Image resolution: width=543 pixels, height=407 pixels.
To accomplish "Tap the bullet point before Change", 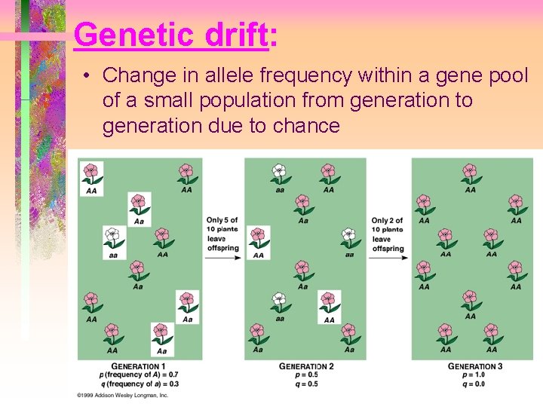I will [x=89, y=76].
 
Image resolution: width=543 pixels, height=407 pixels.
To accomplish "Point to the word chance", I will [x=306, y=125].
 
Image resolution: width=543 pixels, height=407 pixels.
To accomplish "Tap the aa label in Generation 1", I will [x=113, y=255].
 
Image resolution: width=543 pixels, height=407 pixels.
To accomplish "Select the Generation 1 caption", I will [x=138, y=366].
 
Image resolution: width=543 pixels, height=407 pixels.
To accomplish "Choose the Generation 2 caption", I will [x=306, y=366].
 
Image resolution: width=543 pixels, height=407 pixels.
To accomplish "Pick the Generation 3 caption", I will [x=475, y=366].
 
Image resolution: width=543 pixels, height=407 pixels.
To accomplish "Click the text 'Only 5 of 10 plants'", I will [x=222, y=225].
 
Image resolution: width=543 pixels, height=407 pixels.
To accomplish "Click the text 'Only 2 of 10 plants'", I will [x=388, y=225].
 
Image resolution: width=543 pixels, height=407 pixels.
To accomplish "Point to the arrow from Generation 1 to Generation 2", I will [x=223, y=258].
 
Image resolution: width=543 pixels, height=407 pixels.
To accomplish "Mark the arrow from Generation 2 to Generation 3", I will [x=388, y=258].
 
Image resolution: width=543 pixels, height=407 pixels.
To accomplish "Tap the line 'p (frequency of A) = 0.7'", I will [x=138, y=375].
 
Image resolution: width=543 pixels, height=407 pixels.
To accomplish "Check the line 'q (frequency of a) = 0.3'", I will [x=138, y=383].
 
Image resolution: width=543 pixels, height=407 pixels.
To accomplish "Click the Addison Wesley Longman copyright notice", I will [x=122, y=395].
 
